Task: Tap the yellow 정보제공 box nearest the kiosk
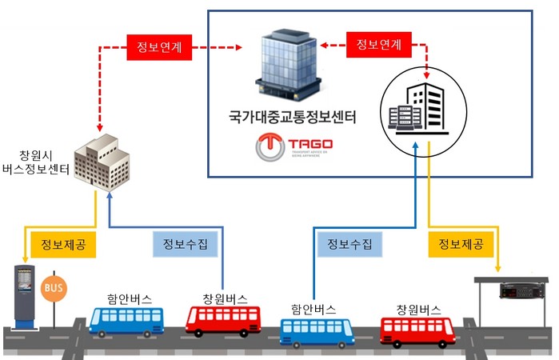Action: click(x=62, y=245)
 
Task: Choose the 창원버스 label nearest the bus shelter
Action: click(x=418, y=309)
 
